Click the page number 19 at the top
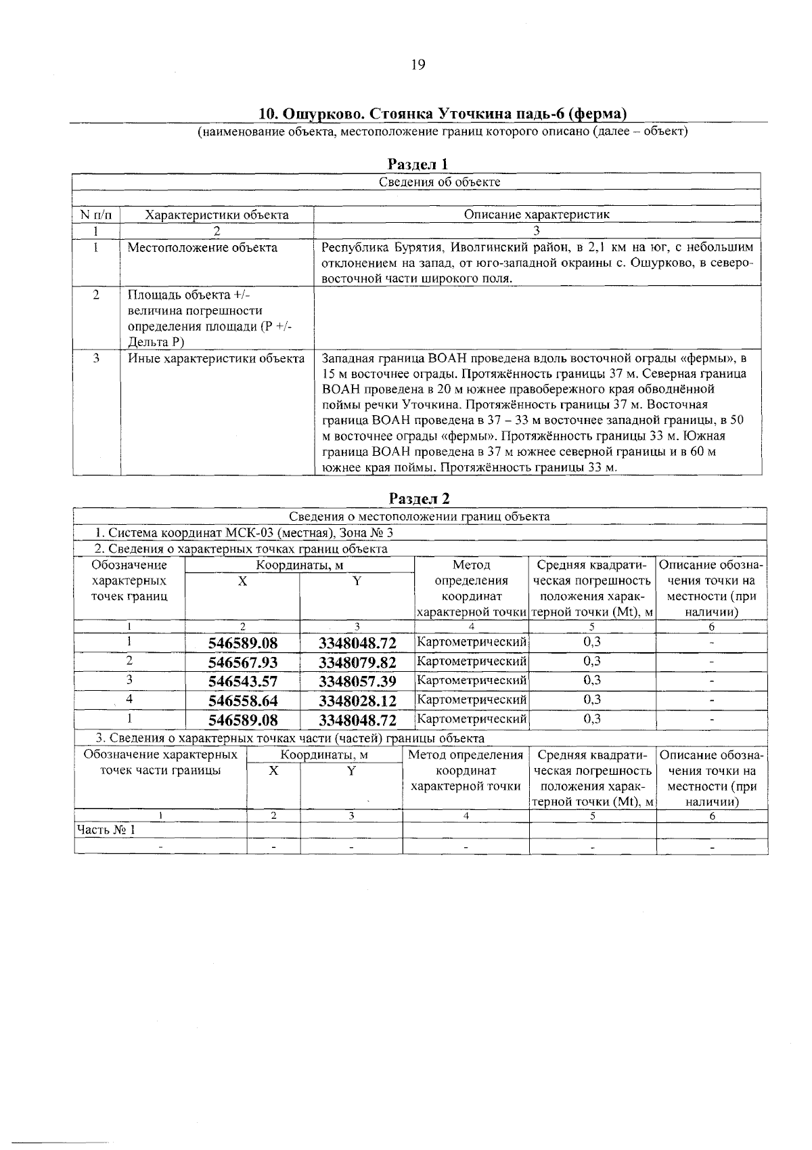point(418,64)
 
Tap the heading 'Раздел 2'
point(419,498)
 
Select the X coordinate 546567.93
point(243,662)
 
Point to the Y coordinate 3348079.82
point(357,662)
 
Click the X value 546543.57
point(243,681)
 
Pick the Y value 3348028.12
point(357,700)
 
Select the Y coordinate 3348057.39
point(357,681)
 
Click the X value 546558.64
point(243,700)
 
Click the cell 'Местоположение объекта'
point(202,248)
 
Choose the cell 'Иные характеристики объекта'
point(216,358)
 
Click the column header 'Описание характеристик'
point(537,215)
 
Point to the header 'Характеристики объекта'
point(217,215)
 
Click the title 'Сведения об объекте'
point(439,182)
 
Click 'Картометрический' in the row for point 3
point(472,681)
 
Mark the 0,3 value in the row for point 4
point(592,699)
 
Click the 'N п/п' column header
point(97,215)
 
